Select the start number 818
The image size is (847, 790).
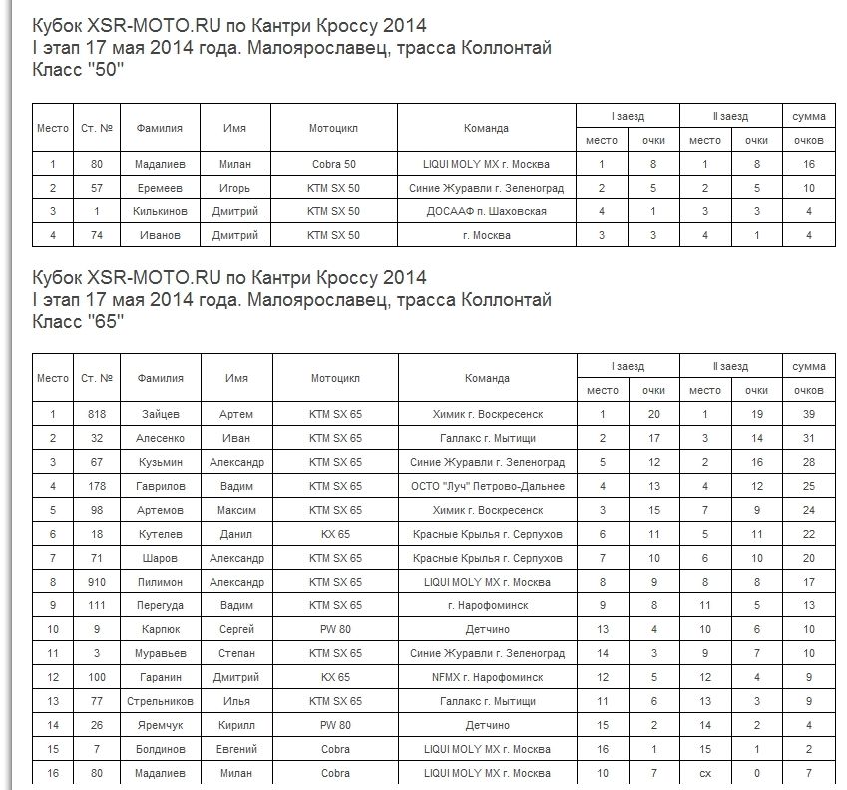(96, 414)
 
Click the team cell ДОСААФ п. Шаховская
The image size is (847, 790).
(486, 211)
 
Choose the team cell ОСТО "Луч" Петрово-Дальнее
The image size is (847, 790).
(486, 486)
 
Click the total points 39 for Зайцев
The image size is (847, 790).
(808, 414)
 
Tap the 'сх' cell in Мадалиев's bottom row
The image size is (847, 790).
(705, 773)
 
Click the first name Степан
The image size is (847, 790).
(235, 653)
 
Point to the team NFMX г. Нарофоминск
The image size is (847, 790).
(486, 677)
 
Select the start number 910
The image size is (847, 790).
(96, 582)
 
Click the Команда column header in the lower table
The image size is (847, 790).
(486, 378)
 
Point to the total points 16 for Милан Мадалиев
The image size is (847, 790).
(808, 164)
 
